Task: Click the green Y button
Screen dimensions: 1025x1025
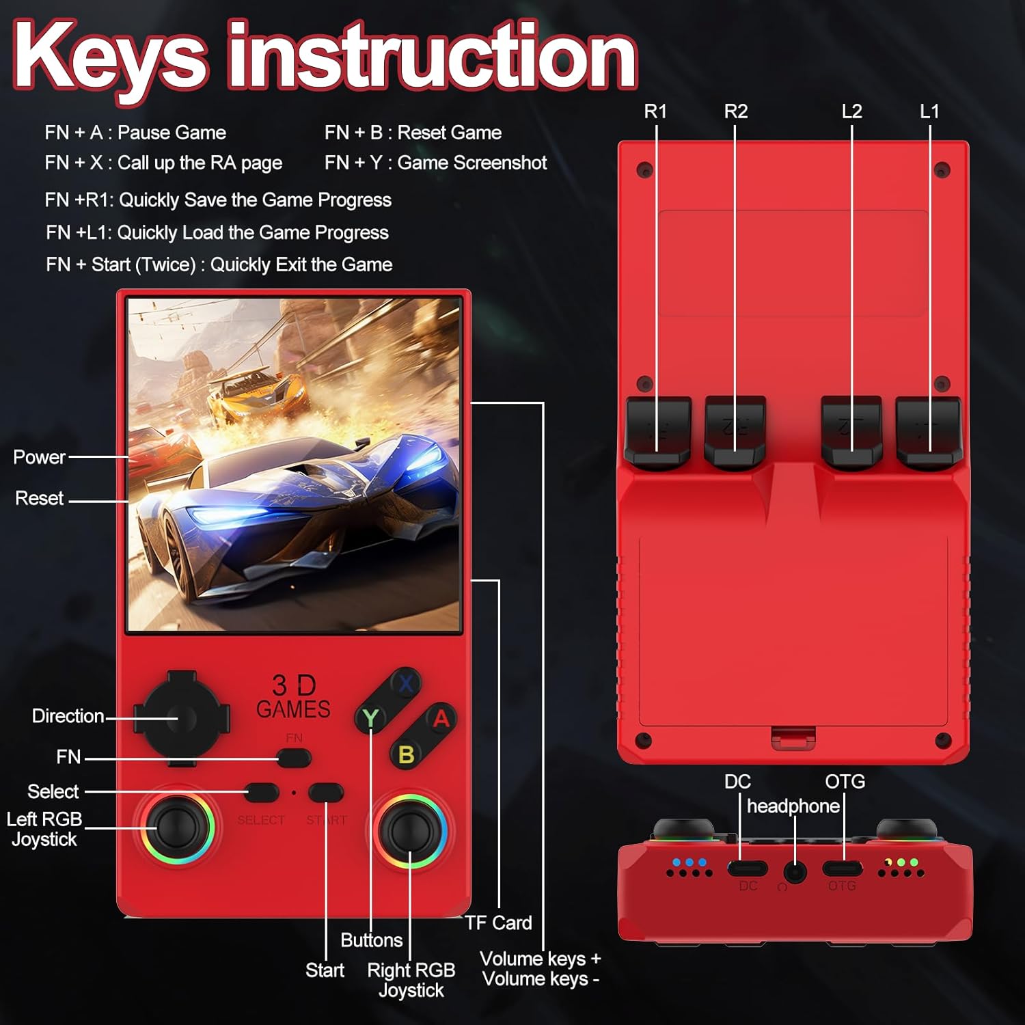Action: (370, 717)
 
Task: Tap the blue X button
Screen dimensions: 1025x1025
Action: (406, 683)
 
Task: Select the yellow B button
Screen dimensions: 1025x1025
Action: (406, 754)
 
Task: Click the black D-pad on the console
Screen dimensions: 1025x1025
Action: (178, 718)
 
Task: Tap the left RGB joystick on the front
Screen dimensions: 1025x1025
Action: (177, 828)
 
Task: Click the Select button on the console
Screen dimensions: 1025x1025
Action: (262, 793)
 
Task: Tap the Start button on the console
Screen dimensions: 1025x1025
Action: (326, 793)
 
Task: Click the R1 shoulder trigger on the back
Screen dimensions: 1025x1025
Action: (657, 430)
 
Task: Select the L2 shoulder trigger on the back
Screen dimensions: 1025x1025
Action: (851, 430)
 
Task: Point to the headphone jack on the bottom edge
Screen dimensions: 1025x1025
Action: (794, 871)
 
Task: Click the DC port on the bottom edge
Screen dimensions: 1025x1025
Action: (747, 869)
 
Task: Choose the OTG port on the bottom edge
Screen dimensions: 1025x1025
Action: (842, 869)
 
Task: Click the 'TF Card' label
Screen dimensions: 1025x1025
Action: (498, 923)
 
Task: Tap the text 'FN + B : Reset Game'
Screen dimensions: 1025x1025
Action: (413, 133)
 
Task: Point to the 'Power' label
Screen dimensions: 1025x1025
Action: (39, 457)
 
